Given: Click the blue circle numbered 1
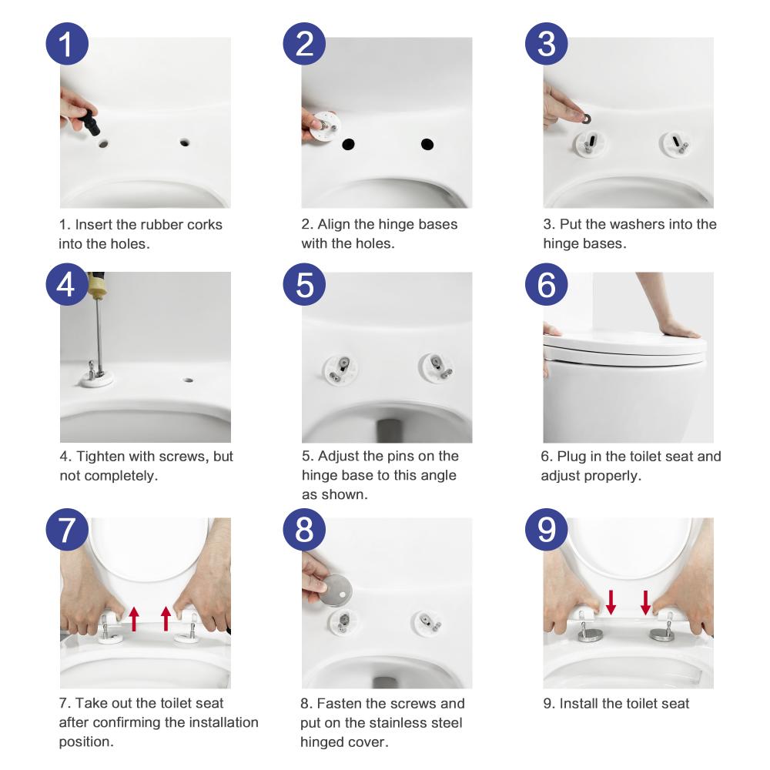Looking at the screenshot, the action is click(67, 44).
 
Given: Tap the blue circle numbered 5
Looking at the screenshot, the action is click(304, 284).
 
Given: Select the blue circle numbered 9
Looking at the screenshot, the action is click(547, 530).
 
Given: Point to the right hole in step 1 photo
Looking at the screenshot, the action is click(185, 142).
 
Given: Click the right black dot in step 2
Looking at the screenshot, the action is click(427, 145).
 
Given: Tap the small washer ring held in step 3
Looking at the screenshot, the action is click(585, 119).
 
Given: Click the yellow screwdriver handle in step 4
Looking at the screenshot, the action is click(96, 286).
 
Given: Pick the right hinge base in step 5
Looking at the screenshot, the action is click(435, 367).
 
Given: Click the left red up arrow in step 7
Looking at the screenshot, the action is click(134, 619).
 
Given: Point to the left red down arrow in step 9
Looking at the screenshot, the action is click(611, 603).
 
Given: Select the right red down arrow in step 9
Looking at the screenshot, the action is click(646, 603).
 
